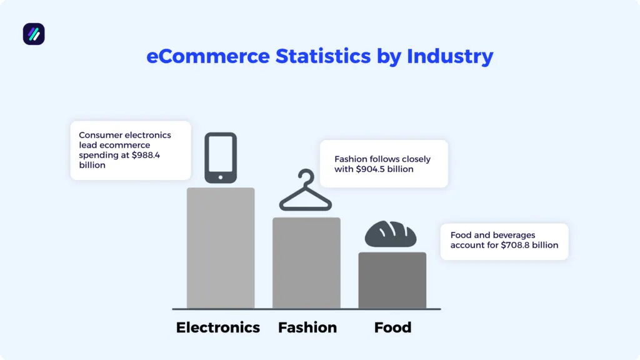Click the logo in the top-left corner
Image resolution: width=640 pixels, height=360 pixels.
(34, 34)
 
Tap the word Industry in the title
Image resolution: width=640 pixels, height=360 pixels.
(450, 56)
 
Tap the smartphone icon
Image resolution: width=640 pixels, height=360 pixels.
(221, 157)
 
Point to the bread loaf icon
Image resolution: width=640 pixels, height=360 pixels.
(391, 234)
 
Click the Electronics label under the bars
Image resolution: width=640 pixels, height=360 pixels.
(217, 327)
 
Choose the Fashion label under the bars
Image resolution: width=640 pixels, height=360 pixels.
(307, 327)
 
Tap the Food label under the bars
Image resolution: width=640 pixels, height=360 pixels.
(392, 327)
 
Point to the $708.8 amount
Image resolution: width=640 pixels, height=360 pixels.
(516, 245)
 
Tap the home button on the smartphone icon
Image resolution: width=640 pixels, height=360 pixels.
(221, 177)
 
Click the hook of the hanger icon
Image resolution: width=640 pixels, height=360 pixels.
(306, 176)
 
